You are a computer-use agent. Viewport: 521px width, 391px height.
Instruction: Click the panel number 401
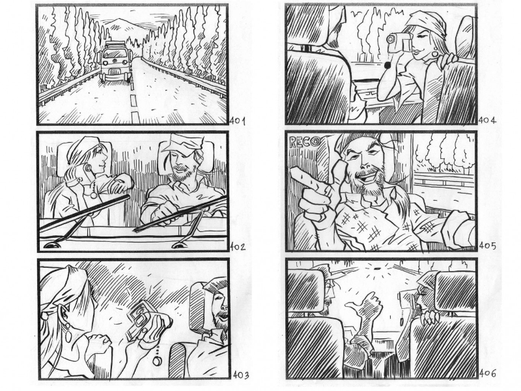point(237,121)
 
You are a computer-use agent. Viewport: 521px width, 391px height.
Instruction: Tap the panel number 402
point(238,247)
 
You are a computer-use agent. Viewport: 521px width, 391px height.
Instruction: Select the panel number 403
point(240,375)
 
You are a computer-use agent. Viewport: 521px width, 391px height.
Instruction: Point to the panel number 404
point(487,121)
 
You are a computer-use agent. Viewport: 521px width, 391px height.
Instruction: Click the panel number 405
point(487,246)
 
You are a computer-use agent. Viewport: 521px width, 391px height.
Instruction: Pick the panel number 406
point(487,373)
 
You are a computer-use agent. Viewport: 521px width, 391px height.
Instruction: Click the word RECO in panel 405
point(303,142)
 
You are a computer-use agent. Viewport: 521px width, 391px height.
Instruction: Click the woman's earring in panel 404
point(434,53)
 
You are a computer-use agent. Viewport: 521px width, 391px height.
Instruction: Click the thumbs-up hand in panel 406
point(362,304)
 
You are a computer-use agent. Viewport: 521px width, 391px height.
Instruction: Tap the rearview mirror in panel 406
point(377,268)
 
